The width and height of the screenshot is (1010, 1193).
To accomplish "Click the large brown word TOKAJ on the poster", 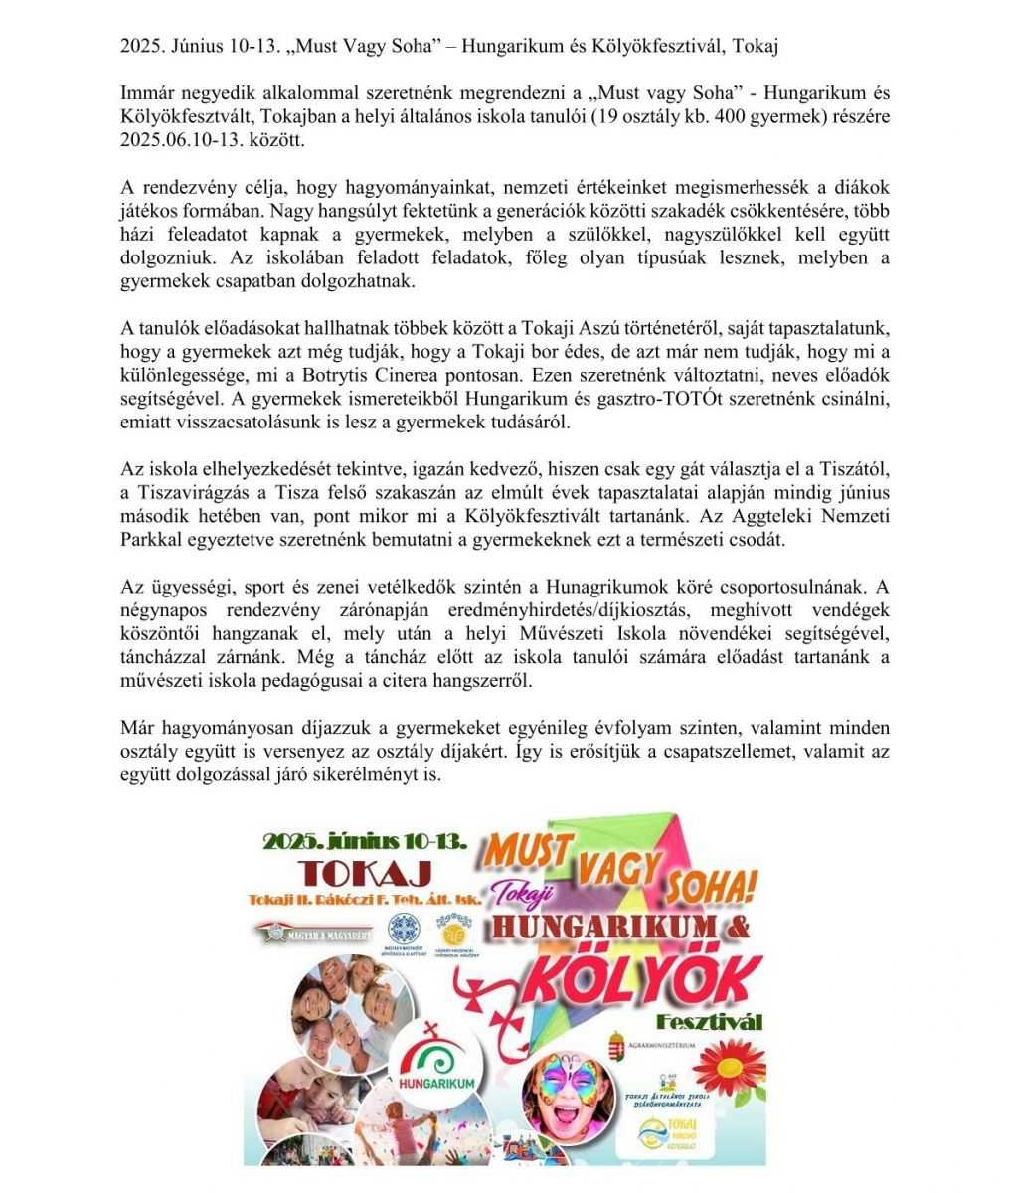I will point(366,873).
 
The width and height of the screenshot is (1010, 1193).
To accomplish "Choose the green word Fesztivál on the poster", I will point(709,1022).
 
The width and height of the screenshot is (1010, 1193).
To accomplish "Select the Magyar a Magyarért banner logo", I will point(313,932).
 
